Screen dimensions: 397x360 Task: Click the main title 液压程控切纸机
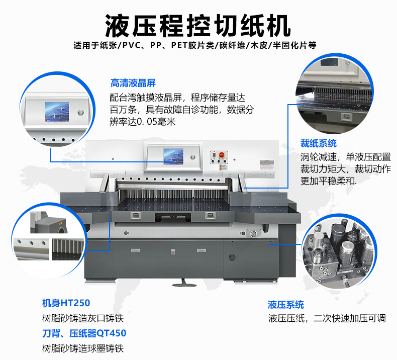pyautogui.click(x=197, y=26)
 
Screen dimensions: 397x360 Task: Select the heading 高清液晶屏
pyautogui.click(x=133, y=83)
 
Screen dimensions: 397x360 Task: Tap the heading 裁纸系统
pyautogui.click(x=319, y=143)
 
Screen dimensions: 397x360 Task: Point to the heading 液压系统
pyautogui.click(x=286, y=305)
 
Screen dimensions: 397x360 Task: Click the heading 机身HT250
pyautogui.click(x=66, y=303)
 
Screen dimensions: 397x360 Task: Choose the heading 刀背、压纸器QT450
pyautogui.click(x=84, y=333)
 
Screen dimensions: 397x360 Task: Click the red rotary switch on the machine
pyautogui.click(x=222, y=154)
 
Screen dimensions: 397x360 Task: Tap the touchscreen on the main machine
pyautogui.click(x=173, y=156)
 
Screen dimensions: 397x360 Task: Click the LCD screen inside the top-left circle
pyautogui.click(x=57, y=112)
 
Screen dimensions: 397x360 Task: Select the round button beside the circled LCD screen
pyautogui.click(x=81, y=112)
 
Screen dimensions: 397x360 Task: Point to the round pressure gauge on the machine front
pyautogui.click(x=253, y=234)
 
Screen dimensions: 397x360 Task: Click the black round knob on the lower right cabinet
pyautogui.click(x=232, y=257)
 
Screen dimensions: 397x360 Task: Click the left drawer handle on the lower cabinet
pyautogui.click(x=136, y=250)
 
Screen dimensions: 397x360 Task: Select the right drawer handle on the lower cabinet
pyautogui.click(x=202, y=250)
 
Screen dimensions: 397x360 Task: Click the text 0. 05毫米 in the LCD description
pyautogui.click(x=156, y=122)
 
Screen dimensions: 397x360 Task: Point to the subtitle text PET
pyautogui.click(x=179, y=45)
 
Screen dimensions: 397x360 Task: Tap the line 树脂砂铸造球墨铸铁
pyautogui.click(x=83, y=348)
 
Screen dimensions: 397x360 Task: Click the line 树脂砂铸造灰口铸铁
pyautogui.click(x=83, y=318)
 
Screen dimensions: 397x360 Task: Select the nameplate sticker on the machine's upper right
pyautogui.click(x=267, y=165)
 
